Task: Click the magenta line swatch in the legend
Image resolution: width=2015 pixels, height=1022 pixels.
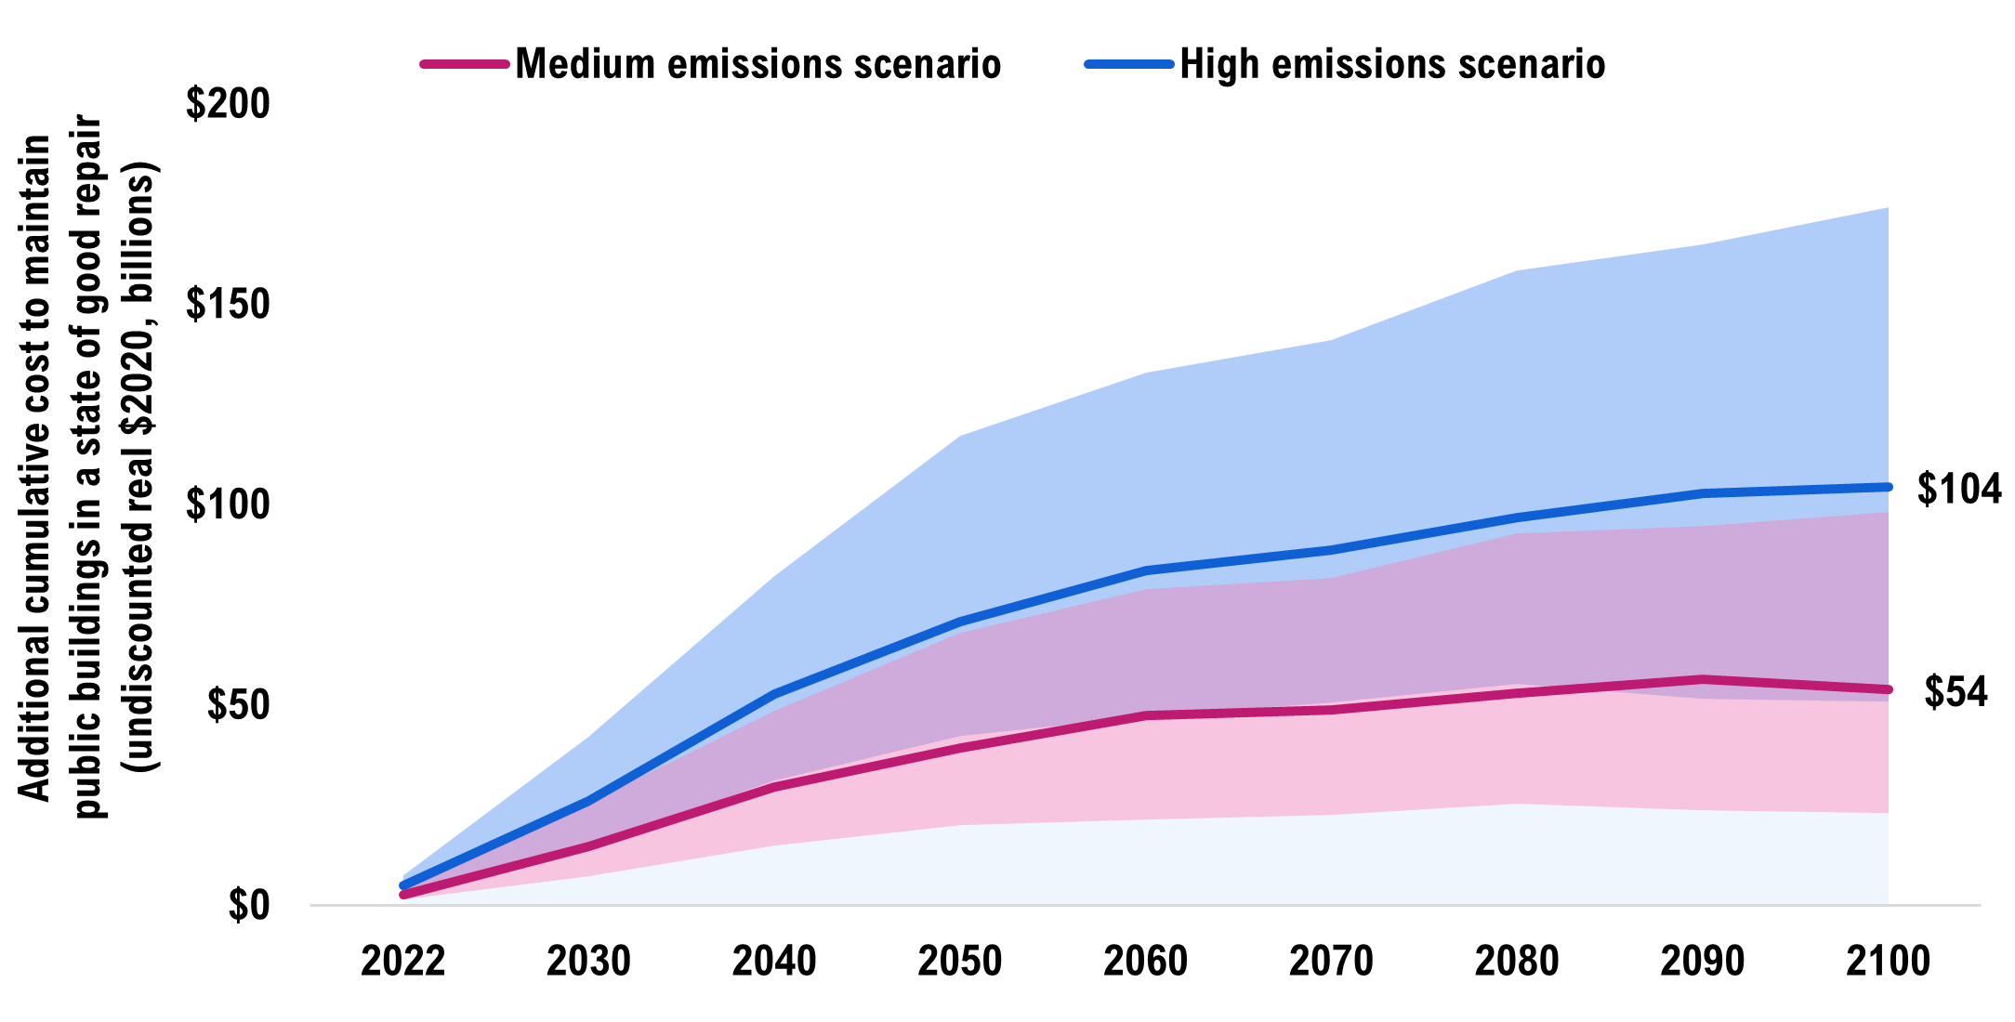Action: click(x=465, y=64)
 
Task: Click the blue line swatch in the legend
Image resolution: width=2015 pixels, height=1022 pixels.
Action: click(x=1128, y=64)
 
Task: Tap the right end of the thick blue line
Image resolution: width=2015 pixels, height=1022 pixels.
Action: click(x=1887, y=487)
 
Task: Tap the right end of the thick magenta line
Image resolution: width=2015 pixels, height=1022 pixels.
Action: click(x=1887, y=689)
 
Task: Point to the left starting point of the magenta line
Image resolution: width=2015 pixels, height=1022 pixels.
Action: click(x=403, y=895)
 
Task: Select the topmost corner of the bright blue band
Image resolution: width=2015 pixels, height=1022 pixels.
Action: click(x=1888, y=208)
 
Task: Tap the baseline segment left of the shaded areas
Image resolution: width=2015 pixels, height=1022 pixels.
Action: click(x=353, y=904)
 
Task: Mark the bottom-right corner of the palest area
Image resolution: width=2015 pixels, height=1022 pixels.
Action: click(x=1887, y=903)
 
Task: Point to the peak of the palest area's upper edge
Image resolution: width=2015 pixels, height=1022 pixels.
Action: click(x=1517, y=805)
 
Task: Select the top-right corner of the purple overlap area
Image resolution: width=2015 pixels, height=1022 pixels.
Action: click(x=1887, y=513)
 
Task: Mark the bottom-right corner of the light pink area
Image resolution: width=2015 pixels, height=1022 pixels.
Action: click(x=1887, y=812)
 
